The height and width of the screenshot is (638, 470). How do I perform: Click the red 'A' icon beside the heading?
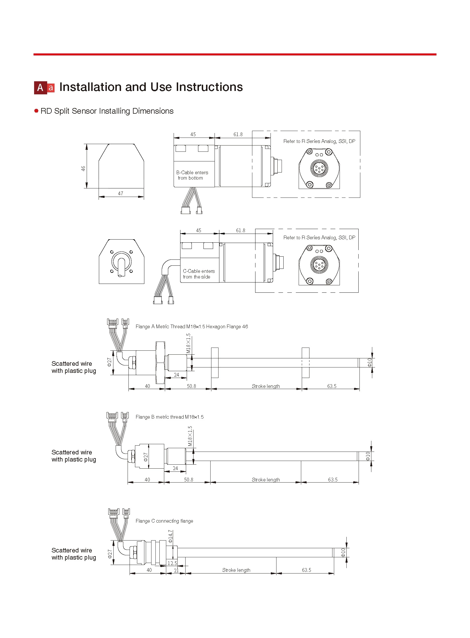click(x=40, y=87)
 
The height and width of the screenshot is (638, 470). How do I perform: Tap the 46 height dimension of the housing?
click(x=83, y=169)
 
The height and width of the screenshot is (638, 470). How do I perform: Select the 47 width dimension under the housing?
click(x=121, y=194)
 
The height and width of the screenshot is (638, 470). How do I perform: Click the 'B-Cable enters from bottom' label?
click(x=192, y=175)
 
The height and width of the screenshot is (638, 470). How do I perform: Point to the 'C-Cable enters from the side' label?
click(x=199, y=274)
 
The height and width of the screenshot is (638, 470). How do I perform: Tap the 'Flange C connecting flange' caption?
click(x=164, y=521)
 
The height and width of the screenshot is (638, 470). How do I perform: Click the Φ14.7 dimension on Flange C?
click(x=170, y=537)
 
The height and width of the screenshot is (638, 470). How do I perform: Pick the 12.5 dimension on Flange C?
click(x=172, y=563)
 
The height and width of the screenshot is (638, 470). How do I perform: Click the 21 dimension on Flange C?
click(x=176, y=571)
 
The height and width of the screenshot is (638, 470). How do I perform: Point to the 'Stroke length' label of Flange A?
click(x=266, y=386)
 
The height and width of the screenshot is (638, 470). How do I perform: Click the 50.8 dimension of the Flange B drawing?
click(x=189, y=480)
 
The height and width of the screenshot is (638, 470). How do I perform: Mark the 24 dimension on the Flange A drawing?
click(x=176, y=375)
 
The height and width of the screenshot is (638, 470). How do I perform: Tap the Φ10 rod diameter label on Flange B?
click(x=368, y=456)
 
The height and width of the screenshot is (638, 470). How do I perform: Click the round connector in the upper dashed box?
click(x=319, y=168)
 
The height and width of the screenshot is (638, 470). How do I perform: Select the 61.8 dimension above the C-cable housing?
click(x=240, y=230)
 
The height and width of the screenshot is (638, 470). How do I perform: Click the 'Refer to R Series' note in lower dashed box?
click(x=319, y=238)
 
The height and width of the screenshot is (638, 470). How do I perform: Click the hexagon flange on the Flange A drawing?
click(x=161, y=363)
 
